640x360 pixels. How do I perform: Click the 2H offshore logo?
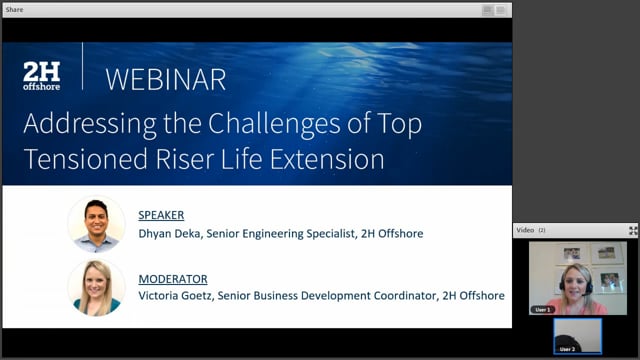pos(41,76)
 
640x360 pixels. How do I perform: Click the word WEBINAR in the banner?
pos(165,78)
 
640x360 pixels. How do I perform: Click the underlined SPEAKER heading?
pos(161,215)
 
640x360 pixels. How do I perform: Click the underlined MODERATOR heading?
pos(172,279)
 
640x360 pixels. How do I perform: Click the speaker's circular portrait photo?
pos(97,223)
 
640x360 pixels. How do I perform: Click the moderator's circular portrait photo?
pos(97,287)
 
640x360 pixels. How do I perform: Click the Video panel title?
pos(525,230)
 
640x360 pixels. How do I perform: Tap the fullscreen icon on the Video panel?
pos(632,230)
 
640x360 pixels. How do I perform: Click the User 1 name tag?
pos(543,310)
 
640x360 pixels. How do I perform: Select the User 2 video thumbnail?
pos(577,336)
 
